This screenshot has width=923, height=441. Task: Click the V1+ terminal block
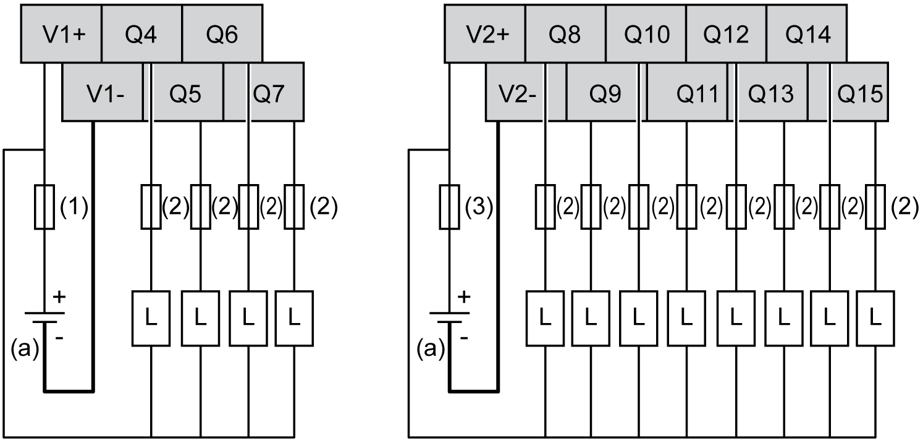[61, 36]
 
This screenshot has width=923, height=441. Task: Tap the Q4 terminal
[141, 36]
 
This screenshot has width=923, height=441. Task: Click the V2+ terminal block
[485, 36]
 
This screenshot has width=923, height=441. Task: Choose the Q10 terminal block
[646, 36]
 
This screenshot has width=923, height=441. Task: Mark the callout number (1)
[74, 209]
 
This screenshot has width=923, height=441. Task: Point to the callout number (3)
[479, 209]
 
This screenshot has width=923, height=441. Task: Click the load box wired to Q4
[152, 319]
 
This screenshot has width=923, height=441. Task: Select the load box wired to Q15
[875, 319]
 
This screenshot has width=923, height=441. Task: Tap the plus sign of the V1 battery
[59, 297]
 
